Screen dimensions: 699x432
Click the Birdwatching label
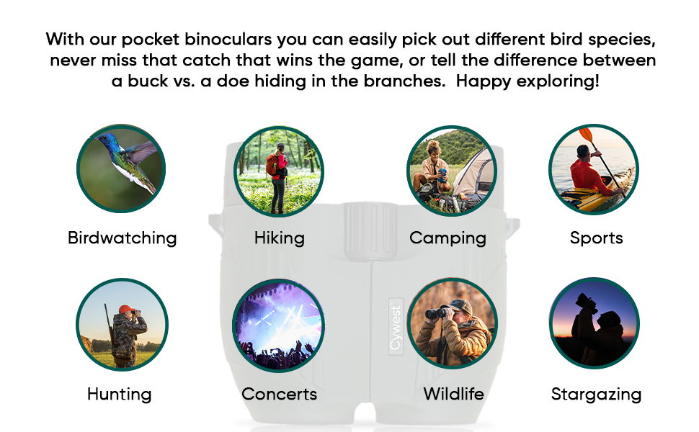pos(123,238)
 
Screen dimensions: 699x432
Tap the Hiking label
pos(280,238)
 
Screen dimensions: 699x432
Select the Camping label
pos(448,238)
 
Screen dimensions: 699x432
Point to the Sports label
pos(596,238)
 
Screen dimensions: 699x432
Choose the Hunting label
pos(120,394)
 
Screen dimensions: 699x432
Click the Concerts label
pos(280,394)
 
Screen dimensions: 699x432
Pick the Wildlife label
pos(453,394)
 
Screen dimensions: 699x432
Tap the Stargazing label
pos(596,394)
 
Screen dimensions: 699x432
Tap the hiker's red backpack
pos(272,165)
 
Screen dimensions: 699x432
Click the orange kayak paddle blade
pos(586,134)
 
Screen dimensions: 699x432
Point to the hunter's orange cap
pos(126,309)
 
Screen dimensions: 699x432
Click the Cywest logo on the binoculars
pos(396,327)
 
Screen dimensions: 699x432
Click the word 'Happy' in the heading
pos(484,81)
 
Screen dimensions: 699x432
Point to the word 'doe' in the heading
pos(233,81)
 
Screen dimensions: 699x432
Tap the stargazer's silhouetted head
pos(608,320)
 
